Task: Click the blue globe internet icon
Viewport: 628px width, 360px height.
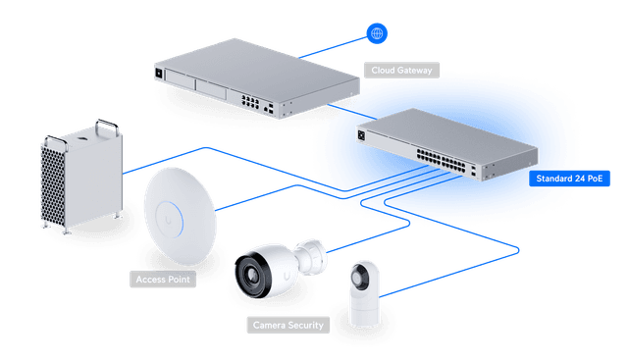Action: pyautogui.click(x=377, y=34)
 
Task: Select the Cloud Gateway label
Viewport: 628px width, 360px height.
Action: pyautogui.click(x=401, y=71)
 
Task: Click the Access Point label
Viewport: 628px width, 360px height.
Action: pyautogui.click(x=163, y=280)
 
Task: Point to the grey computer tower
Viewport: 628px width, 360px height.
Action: pyautogui.click(x=80, y=177)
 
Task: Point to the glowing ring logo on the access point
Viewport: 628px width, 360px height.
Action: pyautogui.click(x=180, y=208)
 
